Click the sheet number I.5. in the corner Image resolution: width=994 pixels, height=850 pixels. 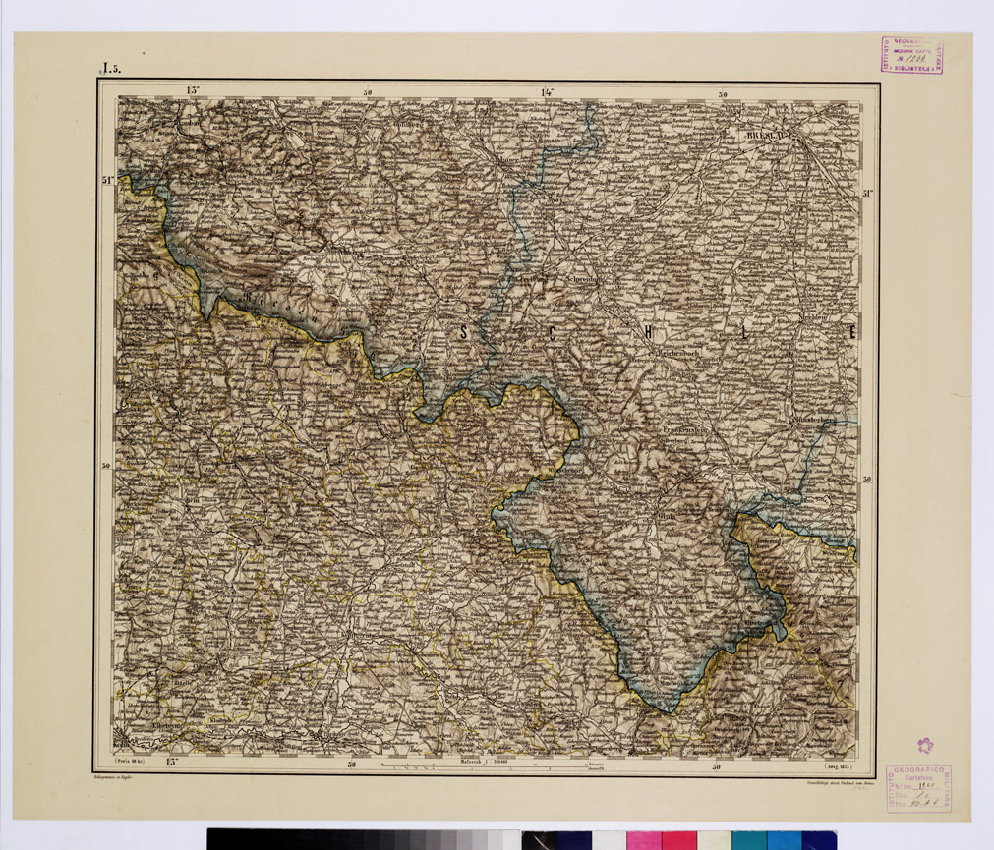pos(107,69)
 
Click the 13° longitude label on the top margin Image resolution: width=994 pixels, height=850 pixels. pos(192,91)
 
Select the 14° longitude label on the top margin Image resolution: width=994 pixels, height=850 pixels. pos(547,92)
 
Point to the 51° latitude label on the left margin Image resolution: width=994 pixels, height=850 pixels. pos(107,180)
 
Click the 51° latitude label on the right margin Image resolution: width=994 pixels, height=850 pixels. pos(868,194)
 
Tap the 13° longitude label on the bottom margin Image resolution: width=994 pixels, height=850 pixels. pos(174,762)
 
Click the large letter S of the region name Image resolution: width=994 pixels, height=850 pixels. pos(463,334)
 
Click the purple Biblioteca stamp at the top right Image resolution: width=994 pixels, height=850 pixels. pos(911,56)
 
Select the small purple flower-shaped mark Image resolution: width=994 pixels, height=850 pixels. pos(923,745)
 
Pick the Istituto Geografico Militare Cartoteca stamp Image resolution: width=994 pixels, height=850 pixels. pos(917,787)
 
